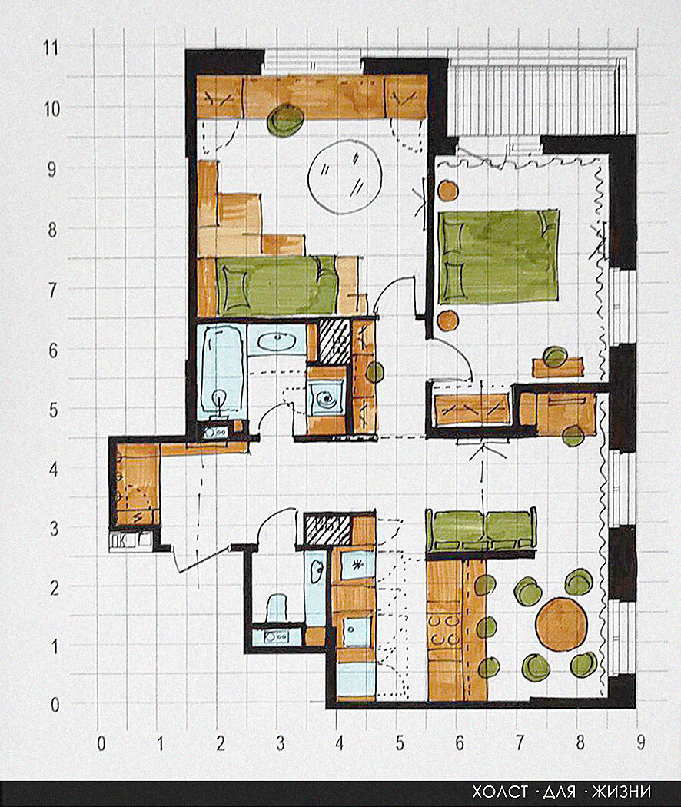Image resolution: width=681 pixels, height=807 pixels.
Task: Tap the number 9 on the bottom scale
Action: point(640,742)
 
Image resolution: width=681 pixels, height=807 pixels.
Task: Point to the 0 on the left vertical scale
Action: point(55,705)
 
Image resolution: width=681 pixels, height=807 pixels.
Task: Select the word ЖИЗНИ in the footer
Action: point(621,792)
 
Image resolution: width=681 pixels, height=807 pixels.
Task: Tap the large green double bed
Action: point(498,255)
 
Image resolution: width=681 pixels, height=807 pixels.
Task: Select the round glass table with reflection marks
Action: point(345,177)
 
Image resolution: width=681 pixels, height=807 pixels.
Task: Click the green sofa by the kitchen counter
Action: point(480,530)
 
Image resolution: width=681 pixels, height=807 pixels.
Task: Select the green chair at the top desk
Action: point(284,119)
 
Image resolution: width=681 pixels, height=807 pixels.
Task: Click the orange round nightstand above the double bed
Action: point(448,191)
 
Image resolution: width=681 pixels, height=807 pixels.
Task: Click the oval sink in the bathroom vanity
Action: point(278,341)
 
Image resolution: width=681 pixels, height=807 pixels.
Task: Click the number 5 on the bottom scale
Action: point(400,742)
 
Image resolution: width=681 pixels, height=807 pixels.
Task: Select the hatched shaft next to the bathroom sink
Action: point(334,340)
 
